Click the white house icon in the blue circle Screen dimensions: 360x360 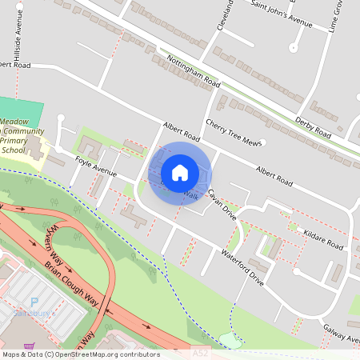pos(180,173)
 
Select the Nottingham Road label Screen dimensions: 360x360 pos(190,69)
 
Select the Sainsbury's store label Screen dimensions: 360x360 pos(32,314)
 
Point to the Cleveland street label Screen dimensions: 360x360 pos(223,14)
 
